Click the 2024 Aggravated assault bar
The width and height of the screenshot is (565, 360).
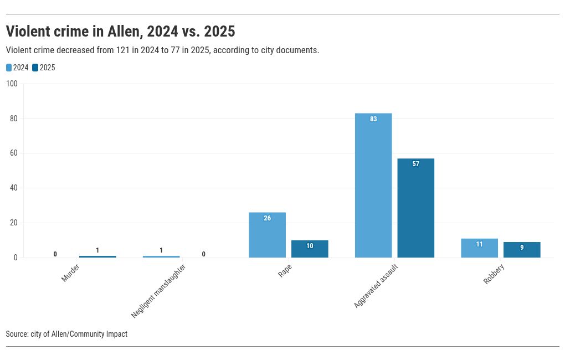click(373, 186)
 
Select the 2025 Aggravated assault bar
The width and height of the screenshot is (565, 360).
click(415, 208)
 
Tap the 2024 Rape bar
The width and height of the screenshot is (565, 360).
click(267, 235)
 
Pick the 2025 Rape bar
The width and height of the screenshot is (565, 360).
click(310, 249)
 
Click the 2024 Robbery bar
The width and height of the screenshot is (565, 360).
click(479, 248)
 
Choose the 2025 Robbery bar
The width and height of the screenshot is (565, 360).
click(522, 250)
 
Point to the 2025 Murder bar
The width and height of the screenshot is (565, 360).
click(97, 256)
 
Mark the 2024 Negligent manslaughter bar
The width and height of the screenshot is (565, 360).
click(161, 256)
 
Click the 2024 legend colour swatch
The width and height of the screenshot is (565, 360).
click(9, 68)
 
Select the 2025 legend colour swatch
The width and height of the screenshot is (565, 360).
click(35, 68)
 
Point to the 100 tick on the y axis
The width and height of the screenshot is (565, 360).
click(12, 84)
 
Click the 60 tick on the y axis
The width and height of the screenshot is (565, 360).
click(14, 153)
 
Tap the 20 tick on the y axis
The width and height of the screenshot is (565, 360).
click(14, 223)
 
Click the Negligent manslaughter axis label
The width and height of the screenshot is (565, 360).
click(158, 291)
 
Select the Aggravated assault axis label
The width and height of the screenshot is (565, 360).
click(376, 286)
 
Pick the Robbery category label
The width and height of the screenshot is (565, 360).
click(494, 274)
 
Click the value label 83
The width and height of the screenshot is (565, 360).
click(373, 119)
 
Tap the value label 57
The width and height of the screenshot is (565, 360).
click(415, 164)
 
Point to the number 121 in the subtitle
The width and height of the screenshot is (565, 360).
click(123, 50)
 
